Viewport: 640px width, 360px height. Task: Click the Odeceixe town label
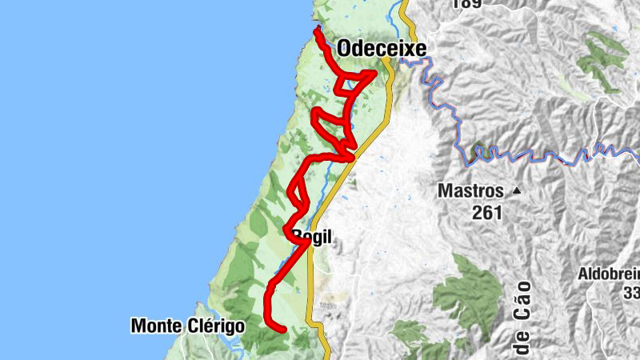tap(382, 49)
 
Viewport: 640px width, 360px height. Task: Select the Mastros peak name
tap(470, 191)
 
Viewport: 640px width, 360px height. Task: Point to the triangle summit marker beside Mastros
tap(517, 191)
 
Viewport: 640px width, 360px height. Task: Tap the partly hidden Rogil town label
tap(312, 237)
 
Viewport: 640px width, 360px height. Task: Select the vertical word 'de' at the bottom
tap(523, 345)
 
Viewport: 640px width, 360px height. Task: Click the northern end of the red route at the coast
tap(318, 30)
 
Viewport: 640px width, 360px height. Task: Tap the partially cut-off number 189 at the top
tap(469, 4)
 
